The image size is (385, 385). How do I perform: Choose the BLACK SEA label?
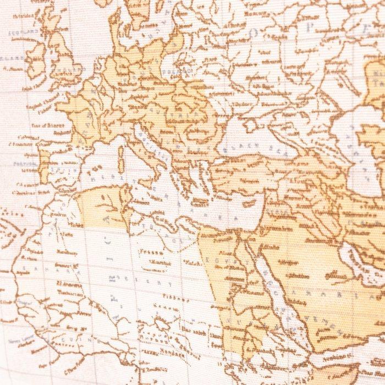pyautogui.click(x=251, y=148)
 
